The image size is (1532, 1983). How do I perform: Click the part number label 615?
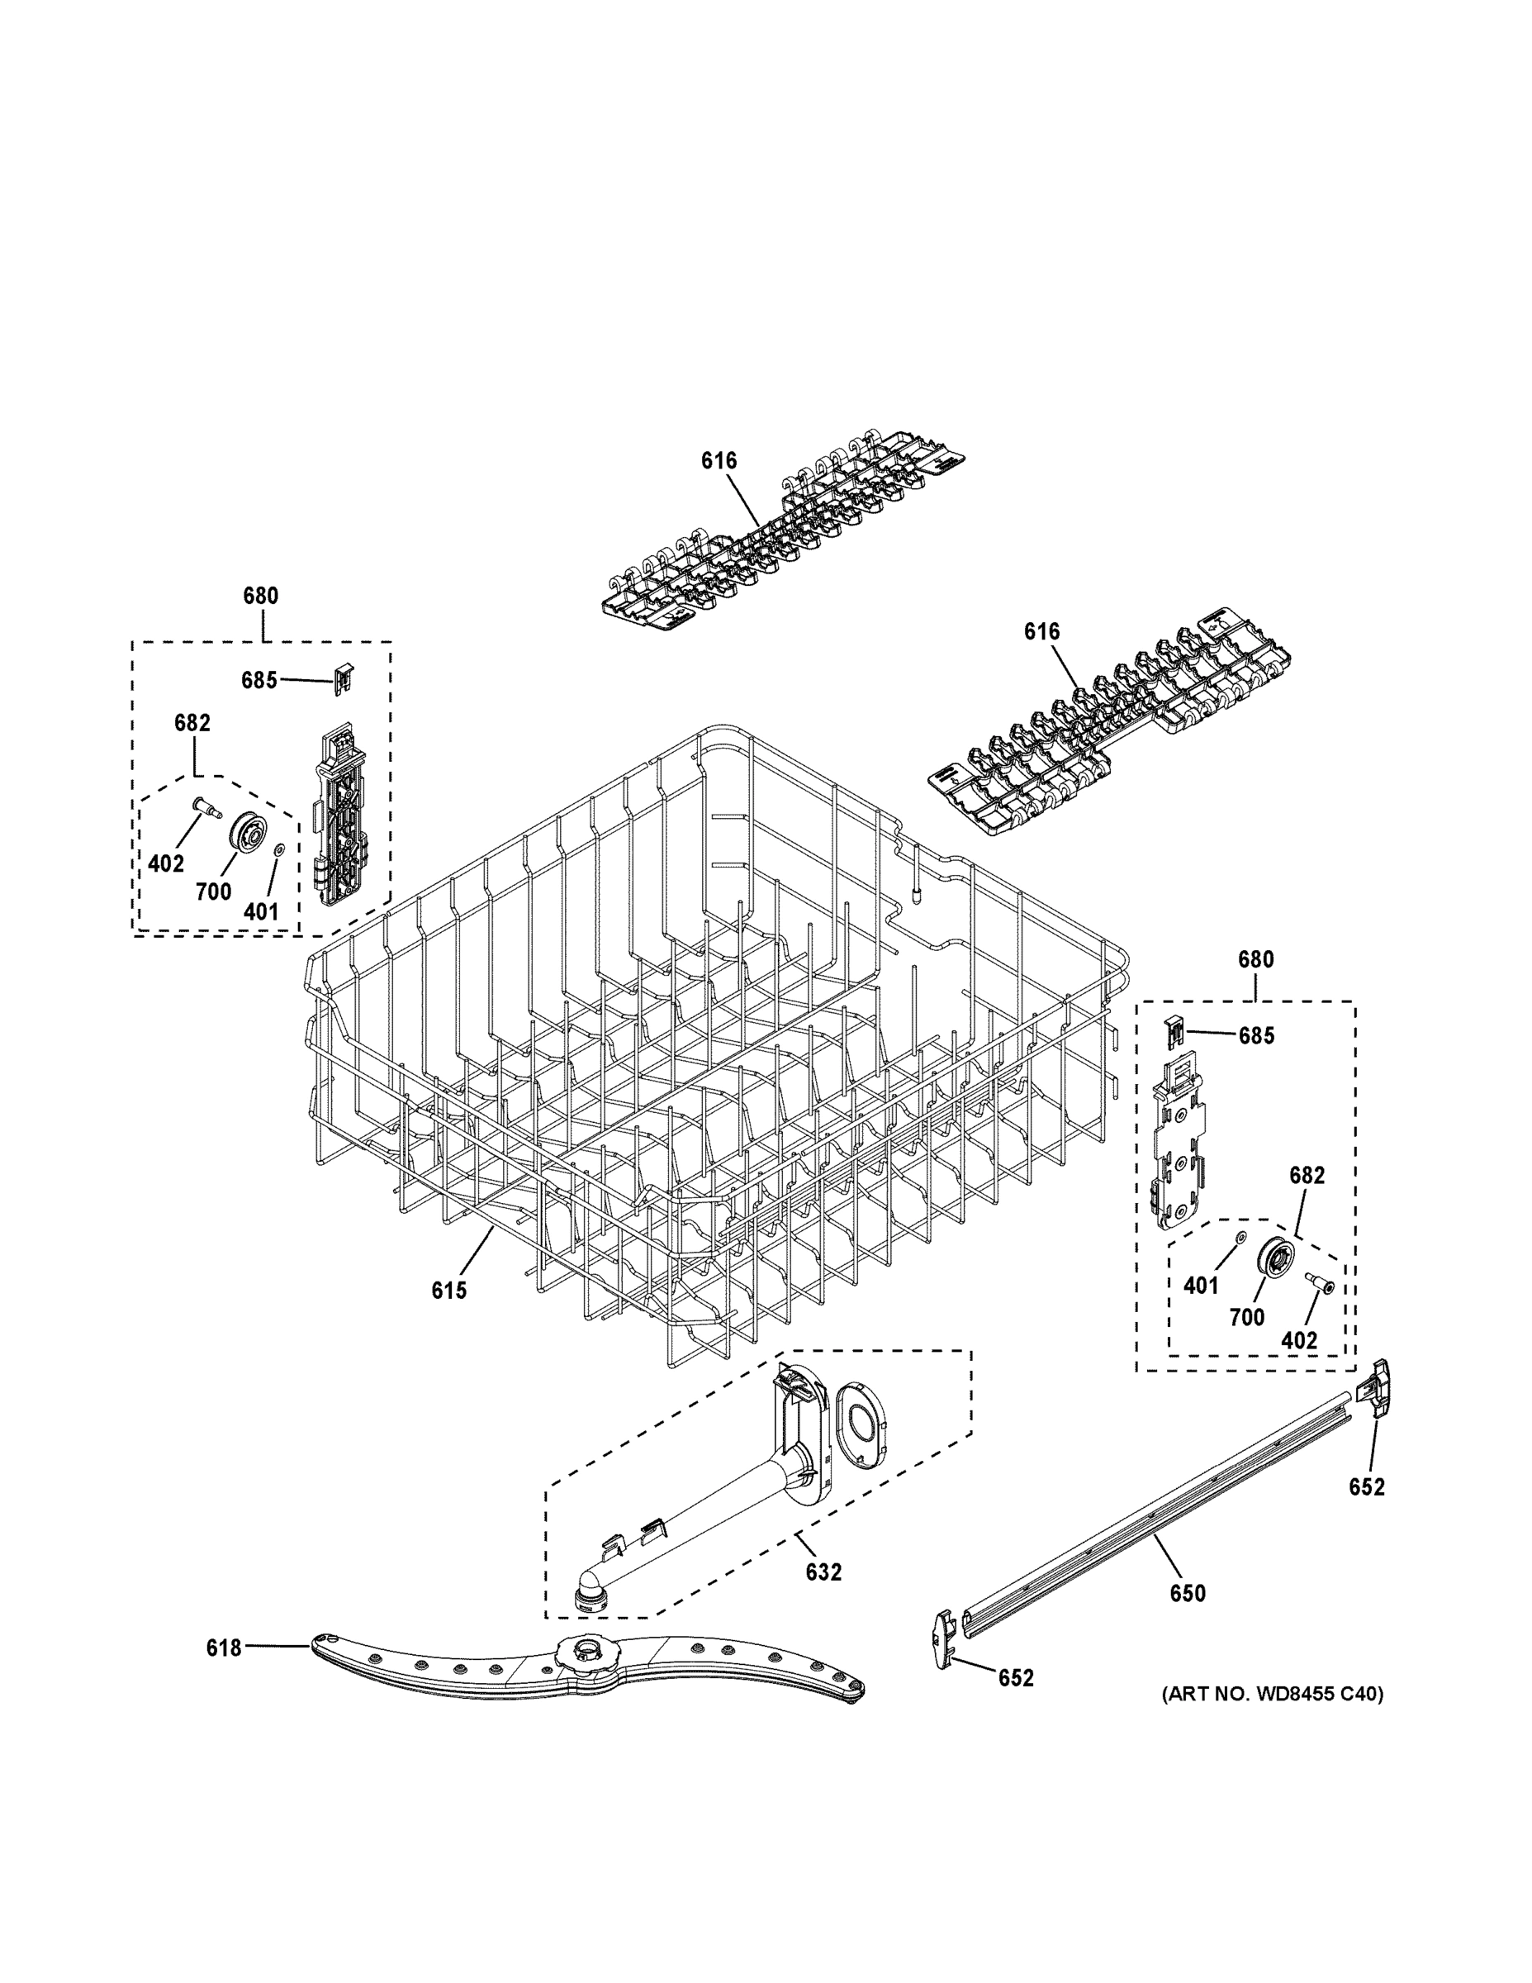click(448, 1291)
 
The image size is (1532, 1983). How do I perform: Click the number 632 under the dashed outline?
click(823, 1572)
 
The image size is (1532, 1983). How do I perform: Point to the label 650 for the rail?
click(1187, 1592)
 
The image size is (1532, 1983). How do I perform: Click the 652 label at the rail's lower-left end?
click(1016, 1679)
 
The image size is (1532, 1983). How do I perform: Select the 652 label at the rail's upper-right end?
click(1367, 1486)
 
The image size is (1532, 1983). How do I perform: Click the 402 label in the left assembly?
click(166, 863)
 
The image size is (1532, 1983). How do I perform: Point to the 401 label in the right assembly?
click(1201, 1285)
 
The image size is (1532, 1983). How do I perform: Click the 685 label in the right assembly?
click(1256, 1035)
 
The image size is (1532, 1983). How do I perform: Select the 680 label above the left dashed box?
click(260, 597)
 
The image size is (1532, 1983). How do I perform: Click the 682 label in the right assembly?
click(1307, 1175)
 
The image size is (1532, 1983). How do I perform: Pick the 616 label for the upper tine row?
click(719, 461)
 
